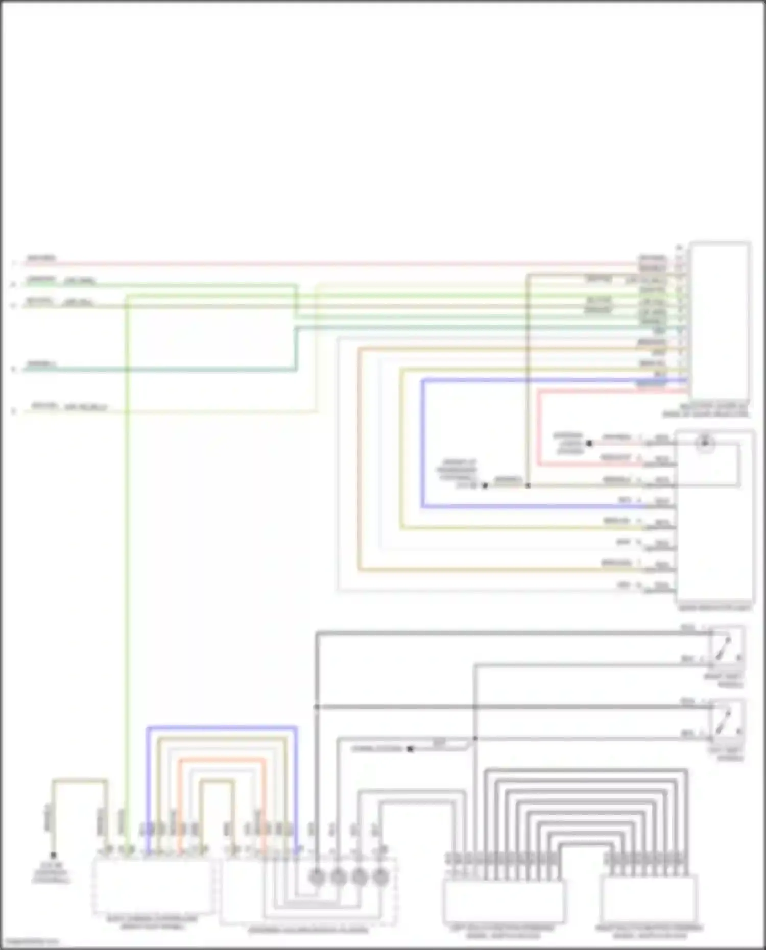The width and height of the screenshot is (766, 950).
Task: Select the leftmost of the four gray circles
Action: [x=317, y=877]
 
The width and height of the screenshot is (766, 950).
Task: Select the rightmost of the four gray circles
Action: [x=380, y=877]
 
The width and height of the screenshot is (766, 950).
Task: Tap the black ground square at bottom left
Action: [x=53, y=855]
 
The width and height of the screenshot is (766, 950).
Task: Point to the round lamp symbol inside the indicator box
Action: [x=705, y=443]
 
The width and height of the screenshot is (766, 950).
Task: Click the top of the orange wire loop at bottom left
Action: [x=222, y=760]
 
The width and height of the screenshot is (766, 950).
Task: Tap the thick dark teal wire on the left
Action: [x=153, y=369]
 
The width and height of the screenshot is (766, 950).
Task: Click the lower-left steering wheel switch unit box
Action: [x=504, y=901]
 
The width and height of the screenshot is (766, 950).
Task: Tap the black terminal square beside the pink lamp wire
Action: [x=589, y=443]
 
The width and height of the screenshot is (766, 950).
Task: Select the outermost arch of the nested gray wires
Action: [x=586, y=770]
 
